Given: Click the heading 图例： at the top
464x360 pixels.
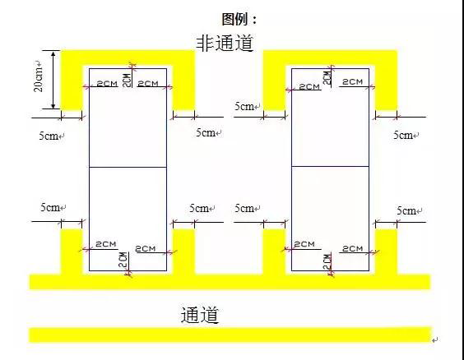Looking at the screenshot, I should [239, 17].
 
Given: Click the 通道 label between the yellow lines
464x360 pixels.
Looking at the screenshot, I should [199, 315].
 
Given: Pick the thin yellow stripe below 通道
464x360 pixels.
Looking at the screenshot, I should [230, 335].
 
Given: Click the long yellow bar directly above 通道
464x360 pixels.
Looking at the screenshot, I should [230, 281].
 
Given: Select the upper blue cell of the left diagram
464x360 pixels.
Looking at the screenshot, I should [128, 118].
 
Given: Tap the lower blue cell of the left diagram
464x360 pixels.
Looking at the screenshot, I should [128, 219].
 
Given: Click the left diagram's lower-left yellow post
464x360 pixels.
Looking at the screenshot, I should [72, 251].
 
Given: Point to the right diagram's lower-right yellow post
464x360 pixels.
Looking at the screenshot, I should [386, 251].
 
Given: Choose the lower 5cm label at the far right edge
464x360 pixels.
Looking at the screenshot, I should [406, 211].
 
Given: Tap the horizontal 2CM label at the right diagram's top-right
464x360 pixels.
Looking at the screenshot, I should [353, 82].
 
